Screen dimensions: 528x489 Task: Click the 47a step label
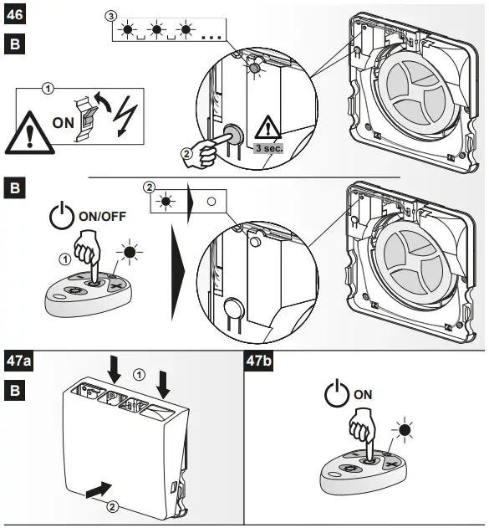18,361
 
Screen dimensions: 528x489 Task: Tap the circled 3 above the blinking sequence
111,16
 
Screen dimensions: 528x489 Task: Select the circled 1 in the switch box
48,89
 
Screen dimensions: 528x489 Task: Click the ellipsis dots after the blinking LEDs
211,36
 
